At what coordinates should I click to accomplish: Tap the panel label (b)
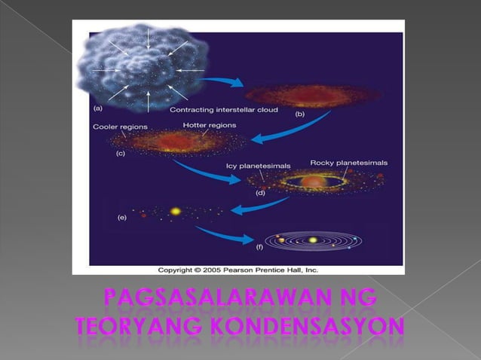pos(299,114)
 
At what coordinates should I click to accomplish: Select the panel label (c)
pos(120,153)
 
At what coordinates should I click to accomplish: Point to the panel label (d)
pos(261,192)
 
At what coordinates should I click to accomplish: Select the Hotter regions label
pos(209,125)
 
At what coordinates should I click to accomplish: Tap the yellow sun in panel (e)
pos(176,212)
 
